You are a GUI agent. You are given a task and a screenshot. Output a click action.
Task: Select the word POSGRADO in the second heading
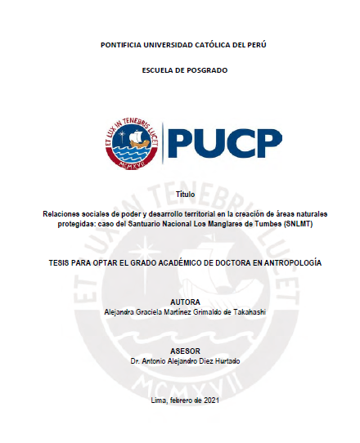click(x=204, y=70)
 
